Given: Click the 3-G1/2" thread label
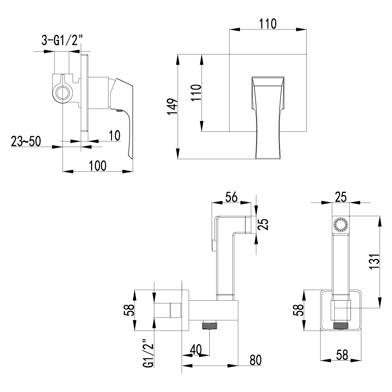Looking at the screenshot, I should [62, 41].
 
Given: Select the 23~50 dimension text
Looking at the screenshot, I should [26, 141].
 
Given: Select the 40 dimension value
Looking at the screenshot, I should [195, 349].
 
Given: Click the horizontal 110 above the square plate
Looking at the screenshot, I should [268, 24].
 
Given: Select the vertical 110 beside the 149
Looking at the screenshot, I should [196, 93].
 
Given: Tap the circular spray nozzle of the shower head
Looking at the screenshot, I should [341, 225].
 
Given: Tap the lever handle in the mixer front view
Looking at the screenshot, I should [268, 118].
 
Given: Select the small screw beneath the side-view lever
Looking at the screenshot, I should [119, 111].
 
